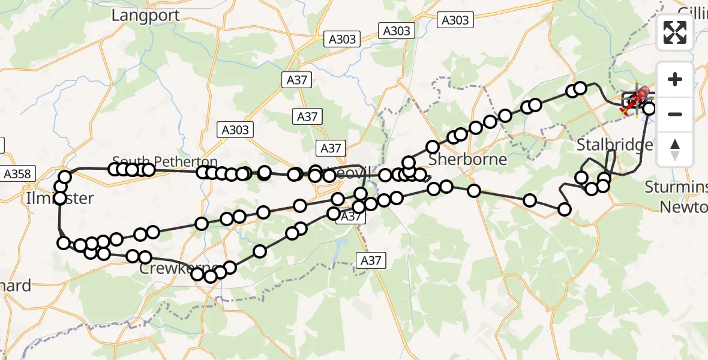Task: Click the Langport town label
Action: [x=145, y=15]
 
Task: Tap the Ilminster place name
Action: [x=59, y=198]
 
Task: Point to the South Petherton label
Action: [x=165, y=161]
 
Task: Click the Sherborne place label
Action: [x=468, y=160]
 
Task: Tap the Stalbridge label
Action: [x=614, y=145]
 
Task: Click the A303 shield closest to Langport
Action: [x=342, y=40]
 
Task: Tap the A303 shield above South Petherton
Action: [x=236, y=129]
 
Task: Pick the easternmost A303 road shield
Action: [x=455, y=20]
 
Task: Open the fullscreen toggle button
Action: [x=675, y=32]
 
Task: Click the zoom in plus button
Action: [x=675, y=79]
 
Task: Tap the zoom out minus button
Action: [x=675, y=113]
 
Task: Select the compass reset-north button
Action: [x=675, y=148]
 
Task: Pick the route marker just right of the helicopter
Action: [x=649, y=109]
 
